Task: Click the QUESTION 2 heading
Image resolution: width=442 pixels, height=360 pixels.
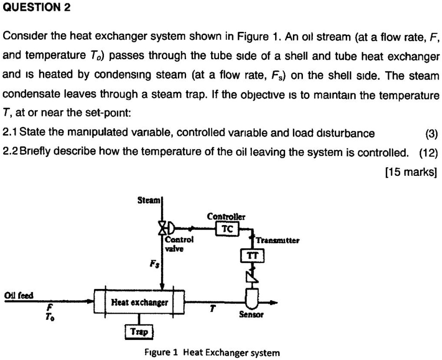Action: [37, 9]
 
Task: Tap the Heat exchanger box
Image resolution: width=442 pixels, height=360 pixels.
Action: [139, 302]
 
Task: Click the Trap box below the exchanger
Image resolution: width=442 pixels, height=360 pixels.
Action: [140, 332]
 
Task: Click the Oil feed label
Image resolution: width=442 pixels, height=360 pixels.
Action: [19, 295]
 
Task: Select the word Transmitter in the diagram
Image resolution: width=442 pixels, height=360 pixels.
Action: [277, 240]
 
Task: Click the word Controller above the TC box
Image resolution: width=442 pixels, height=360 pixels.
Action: [226, 216]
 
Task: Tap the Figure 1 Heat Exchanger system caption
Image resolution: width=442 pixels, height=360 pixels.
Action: [212, 352]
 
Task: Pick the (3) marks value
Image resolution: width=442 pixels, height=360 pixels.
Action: [431, 133]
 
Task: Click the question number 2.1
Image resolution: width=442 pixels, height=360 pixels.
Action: [10, 133]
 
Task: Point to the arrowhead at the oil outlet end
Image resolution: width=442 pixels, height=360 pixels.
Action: [273, 302]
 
